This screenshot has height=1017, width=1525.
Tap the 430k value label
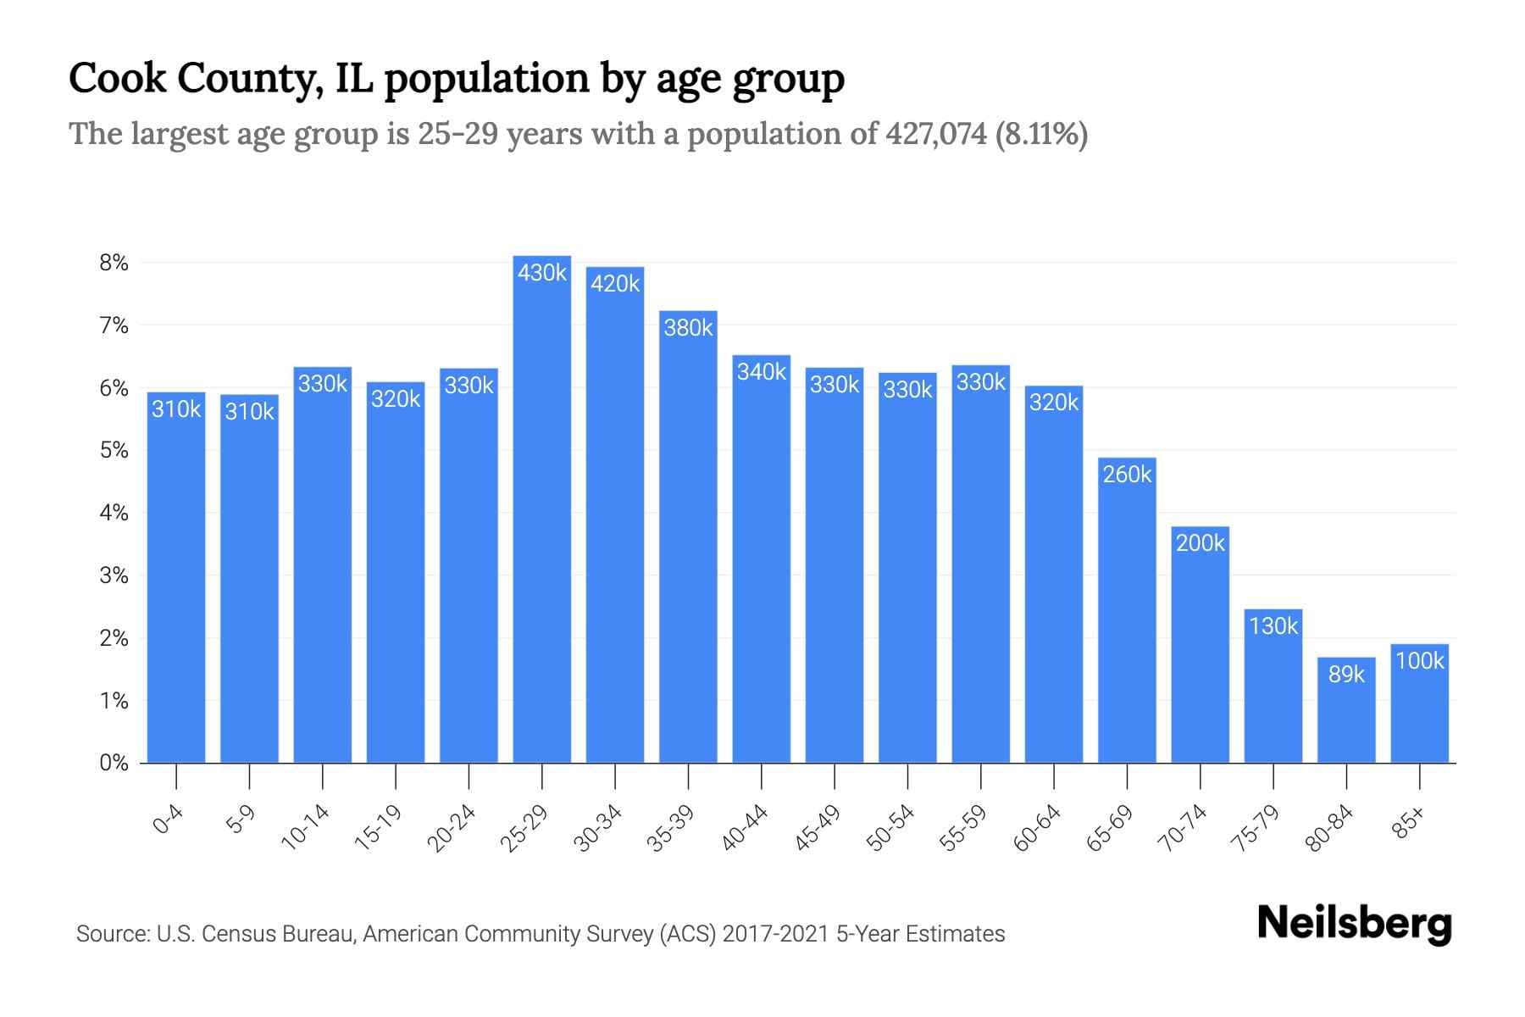pos(542,273)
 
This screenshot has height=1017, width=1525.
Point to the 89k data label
pos(1346,675)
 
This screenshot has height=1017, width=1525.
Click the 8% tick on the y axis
pos(114,263)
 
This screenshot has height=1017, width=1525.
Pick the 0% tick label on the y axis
pos(114,763)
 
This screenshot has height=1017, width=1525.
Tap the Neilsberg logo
pos(1354,924)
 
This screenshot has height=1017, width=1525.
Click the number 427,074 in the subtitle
pos(935,134)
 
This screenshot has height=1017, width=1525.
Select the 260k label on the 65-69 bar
pos(1127,475)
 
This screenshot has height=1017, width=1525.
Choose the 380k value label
pos(688,328)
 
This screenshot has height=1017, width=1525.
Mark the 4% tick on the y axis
pos(114,513)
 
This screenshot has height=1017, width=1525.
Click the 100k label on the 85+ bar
pos(1419,661)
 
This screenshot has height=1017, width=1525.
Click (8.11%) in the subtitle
pos(1041,134)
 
